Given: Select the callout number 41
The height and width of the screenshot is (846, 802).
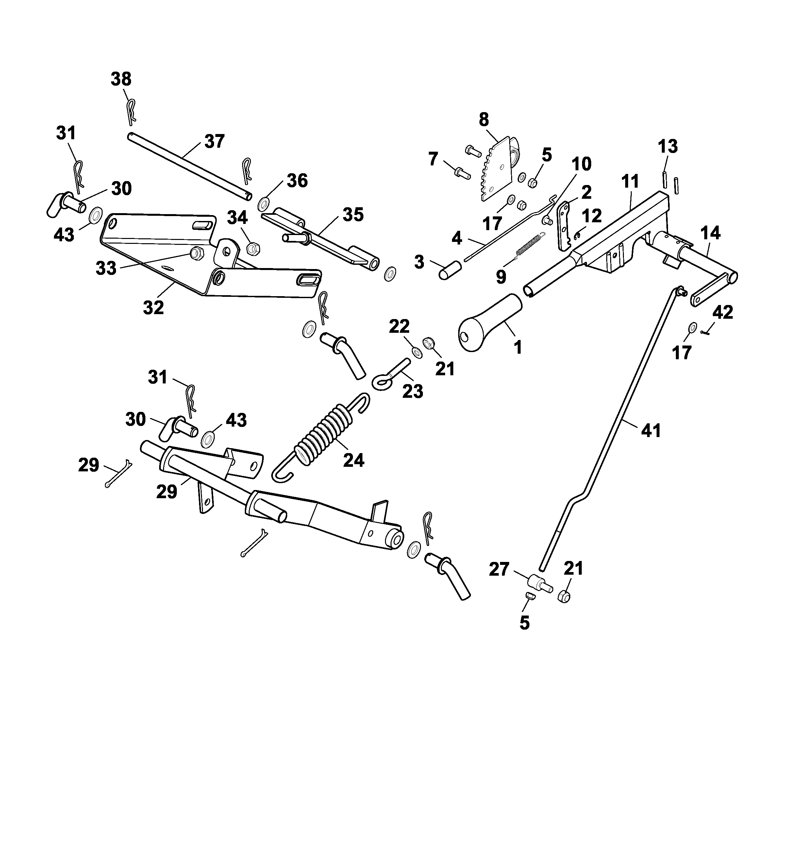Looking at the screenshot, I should tap(651, 430).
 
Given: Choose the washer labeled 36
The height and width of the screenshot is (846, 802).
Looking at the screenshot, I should tap(264, 204).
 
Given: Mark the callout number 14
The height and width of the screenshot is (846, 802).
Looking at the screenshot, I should tap(710, 233).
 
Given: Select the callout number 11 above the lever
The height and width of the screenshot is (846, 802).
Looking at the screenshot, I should tap(630, 181).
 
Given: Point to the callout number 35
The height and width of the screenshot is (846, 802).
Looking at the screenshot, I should tap(353, 215).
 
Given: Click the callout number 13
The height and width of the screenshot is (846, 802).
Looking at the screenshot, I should tap(668, 146).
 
